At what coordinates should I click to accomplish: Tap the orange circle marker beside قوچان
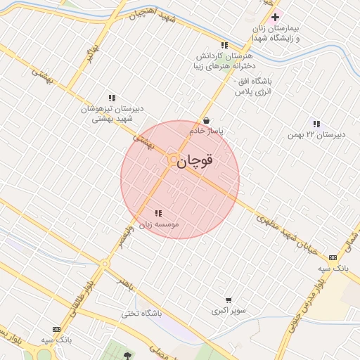pos(172,161)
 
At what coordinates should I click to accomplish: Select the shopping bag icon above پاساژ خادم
pos(206,120)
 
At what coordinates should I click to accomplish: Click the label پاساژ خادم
pos(206,131)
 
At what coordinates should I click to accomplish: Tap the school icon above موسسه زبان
pos(157,213)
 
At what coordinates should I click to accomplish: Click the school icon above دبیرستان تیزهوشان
pos(111,98)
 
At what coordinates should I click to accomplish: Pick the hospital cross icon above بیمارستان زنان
pos(275,17)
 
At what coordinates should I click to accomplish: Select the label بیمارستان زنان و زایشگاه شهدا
pos(278,32)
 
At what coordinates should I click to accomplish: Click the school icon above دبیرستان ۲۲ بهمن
pos(317,123)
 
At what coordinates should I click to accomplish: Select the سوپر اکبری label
pos(229,310)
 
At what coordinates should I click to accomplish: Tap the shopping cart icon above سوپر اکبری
pos(228,300)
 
